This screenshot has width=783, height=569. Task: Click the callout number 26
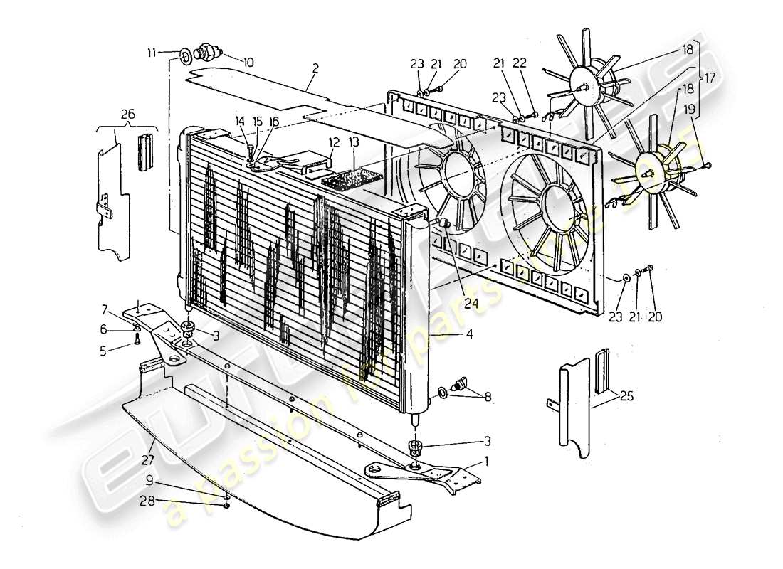click(127, 113)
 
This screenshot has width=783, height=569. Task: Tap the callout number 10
click(248, 63)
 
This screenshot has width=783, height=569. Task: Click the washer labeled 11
click(184, 53)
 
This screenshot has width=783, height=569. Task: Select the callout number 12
click(335, 142)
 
